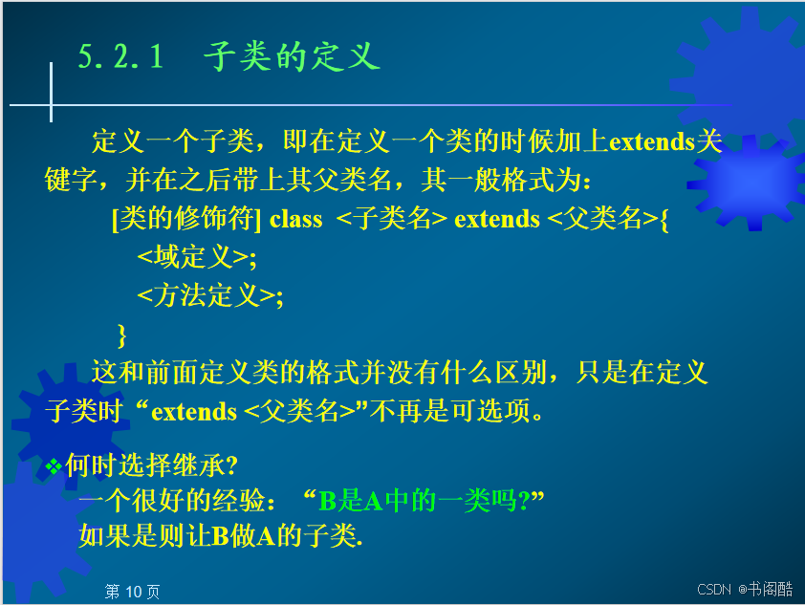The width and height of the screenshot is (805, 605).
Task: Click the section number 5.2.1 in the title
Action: (120, 56)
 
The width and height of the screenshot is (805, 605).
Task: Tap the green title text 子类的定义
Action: (292, 56)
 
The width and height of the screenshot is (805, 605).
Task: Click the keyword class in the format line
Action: (295, 220)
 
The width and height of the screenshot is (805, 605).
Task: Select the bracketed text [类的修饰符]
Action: (186, 219)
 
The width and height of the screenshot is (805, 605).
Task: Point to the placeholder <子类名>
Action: (392, 219)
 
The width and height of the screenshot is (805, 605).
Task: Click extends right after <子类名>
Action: (497, 220)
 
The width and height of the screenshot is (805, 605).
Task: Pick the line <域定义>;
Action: (197, 257)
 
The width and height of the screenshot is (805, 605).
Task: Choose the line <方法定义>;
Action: (210, 295)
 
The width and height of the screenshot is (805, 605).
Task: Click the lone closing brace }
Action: (121, 335)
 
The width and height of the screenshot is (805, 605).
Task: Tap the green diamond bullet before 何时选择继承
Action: (53, 466)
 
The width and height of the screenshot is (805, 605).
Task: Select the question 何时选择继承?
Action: (151, 465)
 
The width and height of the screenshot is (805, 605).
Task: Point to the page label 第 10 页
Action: (132, 592)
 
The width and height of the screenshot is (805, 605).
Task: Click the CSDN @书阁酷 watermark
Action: (745, 589)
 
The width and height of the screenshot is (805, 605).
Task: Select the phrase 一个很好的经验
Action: (171, 501)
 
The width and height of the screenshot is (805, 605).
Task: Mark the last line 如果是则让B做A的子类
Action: (221, 536)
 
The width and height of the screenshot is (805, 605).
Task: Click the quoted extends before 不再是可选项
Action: (194, 412)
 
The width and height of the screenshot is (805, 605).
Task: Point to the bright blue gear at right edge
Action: (751, 184)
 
